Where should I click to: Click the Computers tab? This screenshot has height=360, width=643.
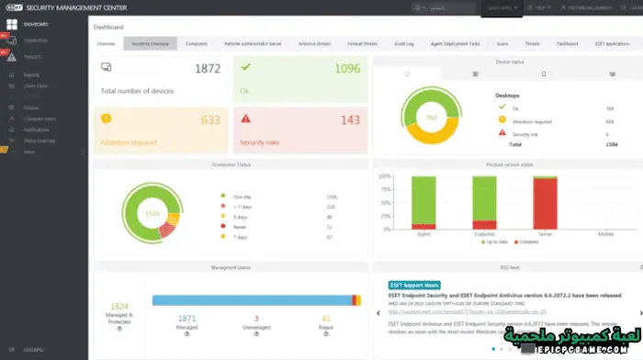pyautogui.click(x=196, y=43)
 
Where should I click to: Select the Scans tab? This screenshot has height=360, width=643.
pyautogui.click(x=502, y=43)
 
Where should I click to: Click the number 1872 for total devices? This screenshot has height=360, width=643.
pyautogui.click(x=207, y=69)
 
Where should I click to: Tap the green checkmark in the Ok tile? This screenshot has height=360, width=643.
pyautogui.click(x=243, y=67)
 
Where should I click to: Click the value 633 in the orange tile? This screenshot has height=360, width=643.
pyautogui.click(x=209, y=119)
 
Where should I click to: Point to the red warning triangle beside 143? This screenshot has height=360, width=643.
pyautogui.click(x=245, y=118)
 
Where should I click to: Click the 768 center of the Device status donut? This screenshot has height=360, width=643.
pyautogui.click(x=431, y=118)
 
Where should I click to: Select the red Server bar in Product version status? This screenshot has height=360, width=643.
pyautogui.click(x=546, y=203)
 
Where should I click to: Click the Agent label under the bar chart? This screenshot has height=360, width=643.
pyautogui.click(x=423, y=234)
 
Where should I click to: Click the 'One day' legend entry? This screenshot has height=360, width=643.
pyautogui.click(x=242, y=197)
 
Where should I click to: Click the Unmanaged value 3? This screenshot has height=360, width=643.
pyautogui.click(x=256, y=317)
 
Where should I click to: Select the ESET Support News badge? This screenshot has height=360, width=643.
pyautogui.click(x=414, y=285)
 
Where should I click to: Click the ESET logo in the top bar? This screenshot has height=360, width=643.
pyautogui.click(x=15, y=6)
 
